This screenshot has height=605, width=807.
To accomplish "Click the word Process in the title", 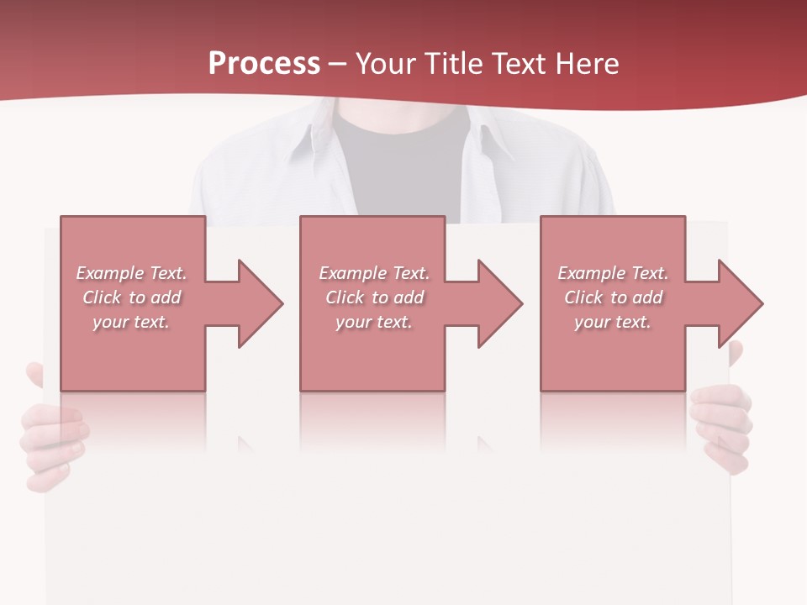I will (264, 64).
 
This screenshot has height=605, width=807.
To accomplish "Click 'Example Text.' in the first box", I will (131, 273).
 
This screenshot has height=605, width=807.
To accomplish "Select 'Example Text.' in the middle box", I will (374, 273).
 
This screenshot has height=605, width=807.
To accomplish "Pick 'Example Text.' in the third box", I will (613, 273).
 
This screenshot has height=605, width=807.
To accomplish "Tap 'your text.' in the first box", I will (131, 322).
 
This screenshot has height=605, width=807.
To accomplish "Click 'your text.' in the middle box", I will (374, 322).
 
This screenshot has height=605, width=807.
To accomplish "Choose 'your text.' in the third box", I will (613, 322).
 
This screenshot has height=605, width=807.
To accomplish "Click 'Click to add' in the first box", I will (131, 297).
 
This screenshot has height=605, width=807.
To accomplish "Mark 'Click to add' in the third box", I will (613, 297).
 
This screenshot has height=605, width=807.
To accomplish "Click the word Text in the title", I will (516, 64).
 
